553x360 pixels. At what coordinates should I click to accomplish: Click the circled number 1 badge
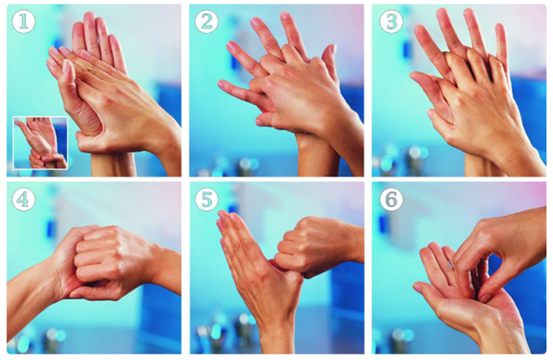click(24, 22)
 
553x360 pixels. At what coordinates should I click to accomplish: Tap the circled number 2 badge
click(206, 22)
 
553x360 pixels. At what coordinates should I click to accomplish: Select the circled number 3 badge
click(392, 22)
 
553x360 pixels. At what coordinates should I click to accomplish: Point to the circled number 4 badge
click(24, 200)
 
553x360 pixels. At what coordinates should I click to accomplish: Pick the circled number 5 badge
click(206, 200)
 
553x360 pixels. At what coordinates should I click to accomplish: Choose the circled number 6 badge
click(392, 200)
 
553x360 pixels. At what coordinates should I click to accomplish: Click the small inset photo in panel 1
click(41, 143)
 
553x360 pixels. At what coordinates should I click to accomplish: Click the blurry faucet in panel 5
click(243, 332)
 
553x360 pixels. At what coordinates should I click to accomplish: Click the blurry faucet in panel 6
click(399, 341)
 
